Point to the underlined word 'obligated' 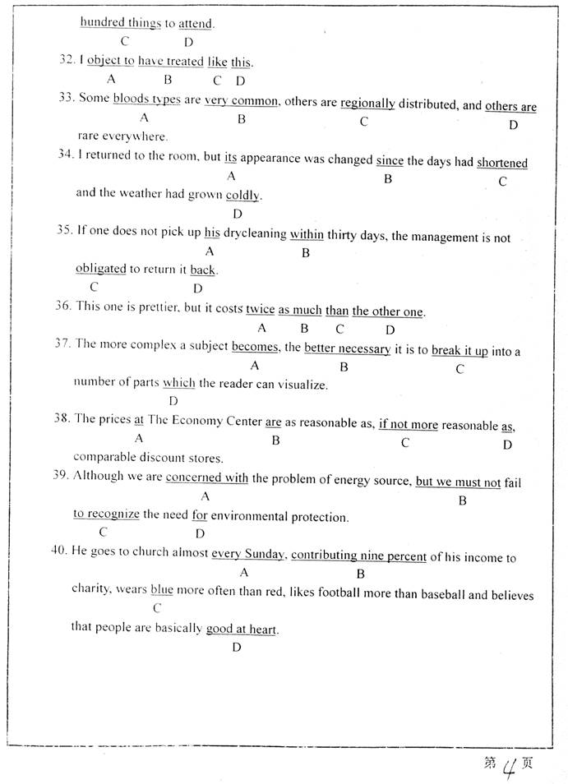[101, 269]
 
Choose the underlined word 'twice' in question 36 [260, 310]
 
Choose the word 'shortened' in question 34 [502, 163]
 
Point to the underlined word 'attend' [196, 24]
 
